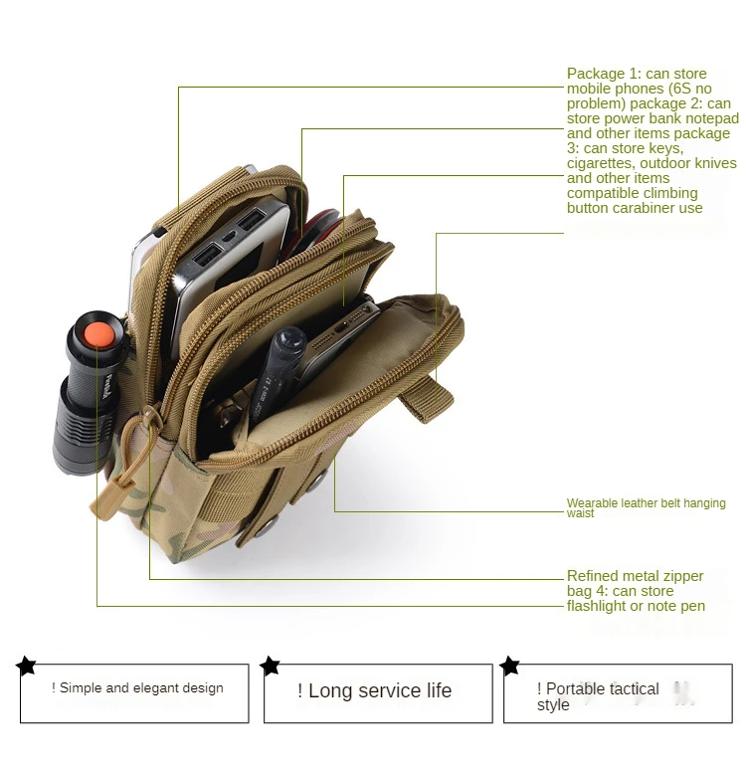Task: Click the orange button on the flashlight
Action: click(x=95, y=335)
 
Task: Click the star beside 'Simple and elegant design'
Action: click(x=27, y=666)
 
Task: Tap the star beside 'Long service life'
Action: click(x=270, y=666)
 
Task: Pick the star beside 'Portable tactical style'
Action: click(x=510, y=666)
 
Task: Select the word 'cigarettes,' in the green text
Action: click(x=600, y=163)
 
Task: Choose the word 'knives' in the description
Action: click(x=715, y=163)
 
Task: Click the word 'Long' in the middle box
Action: click(x=329, y=690)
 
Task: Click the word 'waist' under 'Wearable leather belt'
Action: click(x=581, y=513)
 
